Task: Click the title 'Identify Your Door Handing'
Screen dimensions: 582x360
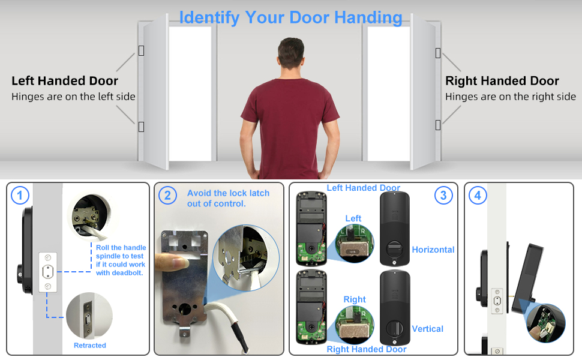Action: pyautogui.click(x=290, y=17)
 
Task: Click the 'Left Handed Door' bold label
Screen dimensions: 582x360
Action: pyautogui.click(x=65, y=81)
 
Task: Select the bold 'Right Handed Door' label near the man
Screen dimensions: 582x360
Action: pyautogui.click(x=502, y=81)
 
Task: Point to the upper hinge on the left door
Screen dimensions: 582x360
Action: pyautogui.click(x=141, y=50)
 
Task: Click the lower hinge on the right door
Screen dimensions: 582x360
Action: pyautogui.click(x=438, y=125)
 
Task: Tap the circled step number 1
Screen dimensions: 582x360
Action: pyautogui.click(x=20, y=195)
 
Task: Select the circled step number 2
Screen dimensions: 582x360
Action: pyautogui.click(x=167, y=195)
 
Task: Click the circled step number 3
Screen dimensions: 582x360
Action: pyautogui.click(x=443, y=195)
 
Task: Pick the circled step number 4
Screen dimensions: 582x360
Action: pyautogui.click(x=478, y=195)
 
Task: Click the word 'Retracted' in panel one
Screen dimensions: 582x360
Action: pyautogui.click(x=90, y=346)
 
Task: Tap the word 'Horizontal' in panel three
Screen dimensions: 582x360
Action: pyautogui.click(x=433, y=250)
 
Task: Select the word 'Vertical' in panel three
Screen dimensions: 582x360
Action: pyautogui.click(x=428, y=329)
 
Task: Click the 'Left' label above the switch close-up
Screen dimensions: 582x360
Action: pyautogui.click(x=353, y=218)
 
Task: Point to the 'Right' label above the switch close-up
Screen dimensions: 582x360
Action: pyautogui.click(x=355, y=299)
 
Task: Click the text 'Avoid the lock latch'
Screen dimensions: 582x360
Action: pyautogui.click(x=228, y=193)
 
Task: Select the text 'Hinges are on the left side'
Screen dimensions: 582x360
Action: pyautogui.click(x=73, y=97)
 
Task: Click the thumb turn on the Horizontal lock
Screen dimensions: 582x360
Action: pyautogui.click(x=394, y=247)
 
